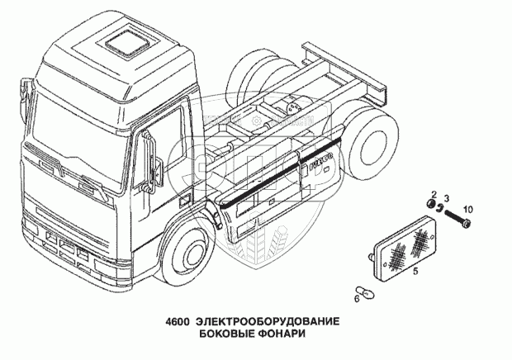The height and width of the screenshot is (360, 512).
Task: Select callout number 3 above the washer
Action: point(446,198)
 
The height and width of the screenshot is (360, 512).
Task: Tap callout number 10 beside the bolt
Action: point(467,207)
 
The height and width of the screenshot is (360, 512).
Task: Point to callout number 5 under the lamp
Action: point(415,270)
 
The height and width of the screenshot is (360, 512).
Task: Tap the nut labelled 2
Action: point(430,205)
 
